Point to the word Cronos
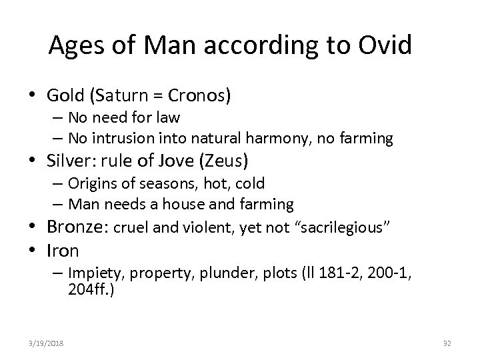pyautogui.click(x=201, y=96)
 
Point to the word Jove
pyautogui.click(x=165, y=160)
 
